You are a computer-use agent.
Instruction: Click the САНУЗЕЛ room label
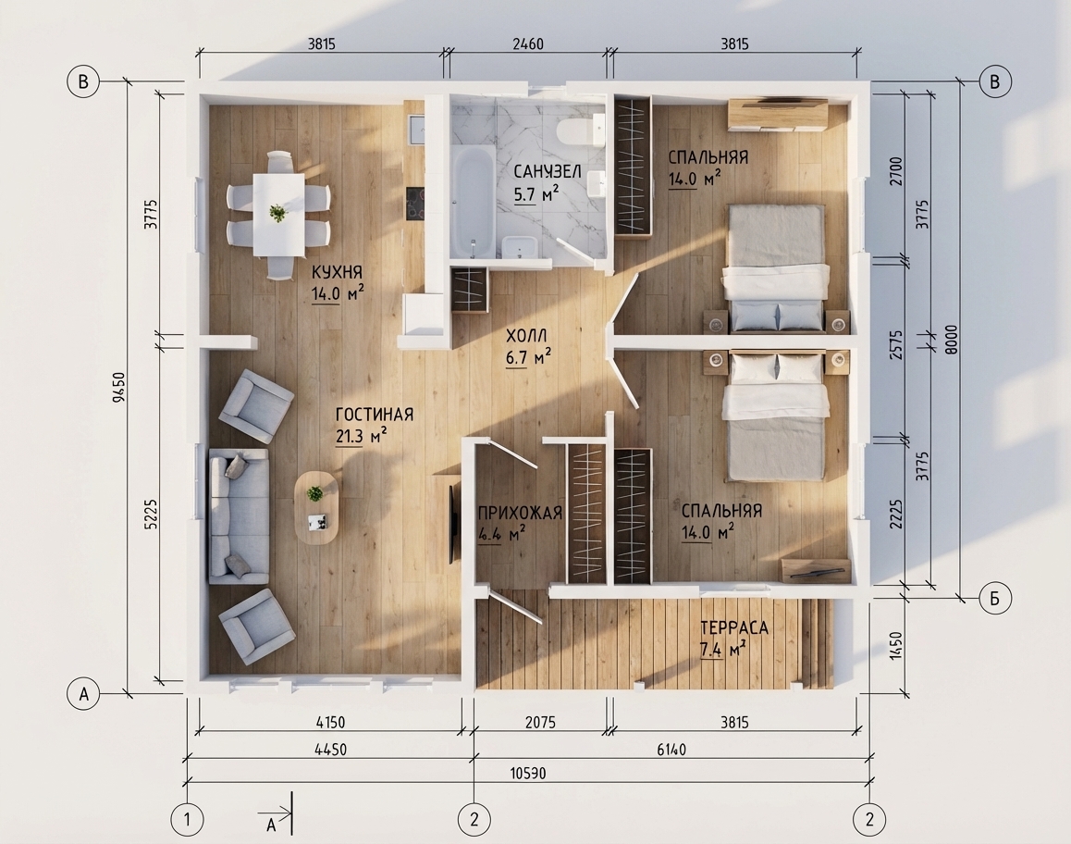click(x=548, y=171)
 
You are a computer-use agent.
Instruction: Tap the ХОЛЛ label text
click(x=526, y=336)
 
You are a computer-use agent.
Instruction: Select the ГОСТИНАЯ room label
click(x=375, y=415)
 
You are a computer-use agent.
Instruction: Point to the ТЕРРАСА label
click(x=734, y=627)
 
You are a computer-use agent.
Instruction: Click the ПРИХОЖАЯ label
click(x=520, y=513)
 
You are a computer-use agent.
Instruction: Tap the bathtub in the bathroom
click(x=473, y=202)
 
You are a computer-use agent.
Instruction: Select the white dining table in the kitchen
click(x=278, y=214)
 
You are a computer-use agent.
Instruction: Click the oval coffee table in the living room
click(x=316, y=508)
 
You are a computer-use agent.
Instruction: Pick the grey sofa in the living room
click(x=238, y=516)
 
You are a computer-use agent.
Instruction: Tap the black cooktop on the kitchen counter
click(x=414, y=204)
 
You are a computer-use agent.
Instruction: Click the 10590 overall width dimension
click(x=528, y=773)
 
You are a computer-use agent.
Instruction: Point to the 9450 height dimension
click(x=119, y=388)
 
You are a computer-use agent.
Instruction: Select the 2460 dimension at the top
click(x=528, y=44)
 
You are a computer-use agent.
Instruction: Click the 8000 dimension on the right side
click(x=952, y=339)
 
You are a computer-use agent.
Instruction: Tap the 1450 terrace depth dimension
click(x=897, y=645)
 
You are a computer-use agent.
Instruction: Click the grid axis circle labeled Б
click(x=994, y=599)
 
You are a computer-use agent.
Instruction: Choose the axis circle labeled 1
click(x=187, y=819)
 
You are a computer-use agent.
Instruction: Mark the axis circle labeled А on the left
click(x=83, y=694)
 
